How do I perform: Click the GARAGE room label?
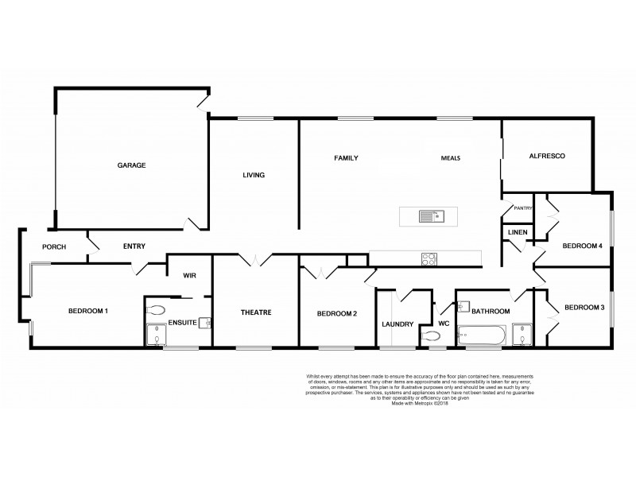(x=131, y=165)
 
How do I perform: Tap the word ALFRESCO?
(x=547, y=157)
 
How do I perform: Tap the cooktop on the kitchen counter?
(x=429, y=258)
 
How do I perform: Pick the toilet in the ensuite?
(x=156, y=310)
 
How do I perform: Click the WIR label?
(x=189, y=275)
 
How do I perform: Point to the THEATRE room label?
(x=256, y=312)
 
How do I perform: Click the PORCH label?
(x=53, y=246)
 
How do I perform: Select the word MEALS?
(x=451, y=157)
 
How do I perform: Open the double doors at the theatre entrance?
(x=255, y=260)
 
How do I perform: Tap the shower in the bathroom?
(x=522, y=335)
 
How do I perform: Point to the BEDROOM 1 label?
(x=87, y=310)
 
